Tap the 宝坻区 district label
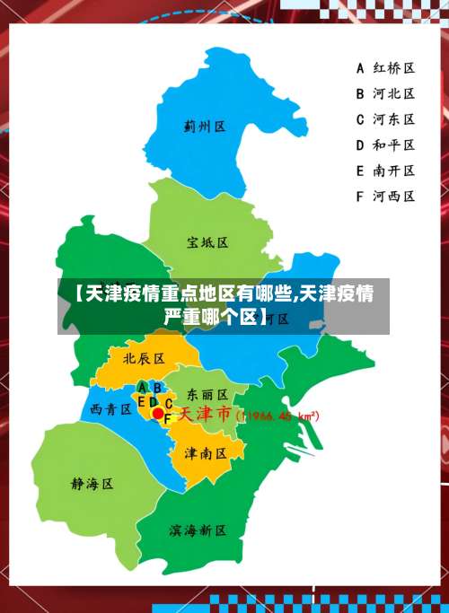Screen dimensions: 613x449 (x=207, y=242)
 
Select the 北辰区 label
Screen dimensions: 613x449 (x=144, y=358)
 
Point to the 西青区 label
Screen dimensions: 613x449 (x=111, y=409)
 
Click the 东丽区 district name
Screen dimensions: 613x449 (x=207, y=394)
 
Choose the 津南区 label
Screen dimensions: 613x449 (x=205, y=453)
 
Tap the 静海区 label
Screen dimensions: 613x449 (x=92, y=484)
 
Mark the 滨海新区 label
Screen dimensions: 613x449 (x=198, y=530)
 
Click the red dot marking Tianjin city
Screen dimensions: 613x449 (x=158, y=414)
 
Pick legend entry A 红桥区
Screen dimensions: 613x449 (x=385, y=67)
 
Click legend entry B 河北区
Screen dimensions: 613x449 (x=385, y=92)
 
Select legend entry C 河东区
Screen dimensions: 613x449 (x=385, y=118)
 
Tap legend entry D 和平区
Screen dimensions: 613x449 (x=385, y=144)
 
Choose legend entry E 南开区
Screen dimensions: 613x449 (x=385, y=171)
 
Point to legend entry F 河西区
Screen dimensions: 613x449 (x=385, y=196)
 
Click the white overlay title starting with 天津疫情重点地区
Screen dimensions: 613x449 (x=224, y=305)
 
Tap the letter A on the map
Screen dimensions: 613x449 (x=143, y=387)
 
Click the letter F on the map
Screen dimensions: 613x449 (x=167, y=418)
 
